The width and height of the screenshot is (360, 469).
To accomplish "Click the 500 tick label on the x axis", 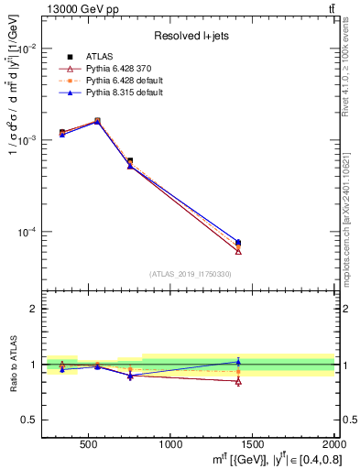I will [x=89, y=444].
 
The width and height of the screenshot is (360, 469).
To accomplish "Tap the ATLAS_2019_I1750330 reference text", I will [x=191, y=274].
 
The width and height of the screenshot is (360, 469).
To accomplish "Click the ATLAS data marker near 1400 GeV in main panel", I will [x=238, y=243].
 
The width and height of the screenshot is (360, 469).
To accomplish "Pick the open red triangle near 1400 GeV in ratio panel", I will [x=238, y=381].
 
